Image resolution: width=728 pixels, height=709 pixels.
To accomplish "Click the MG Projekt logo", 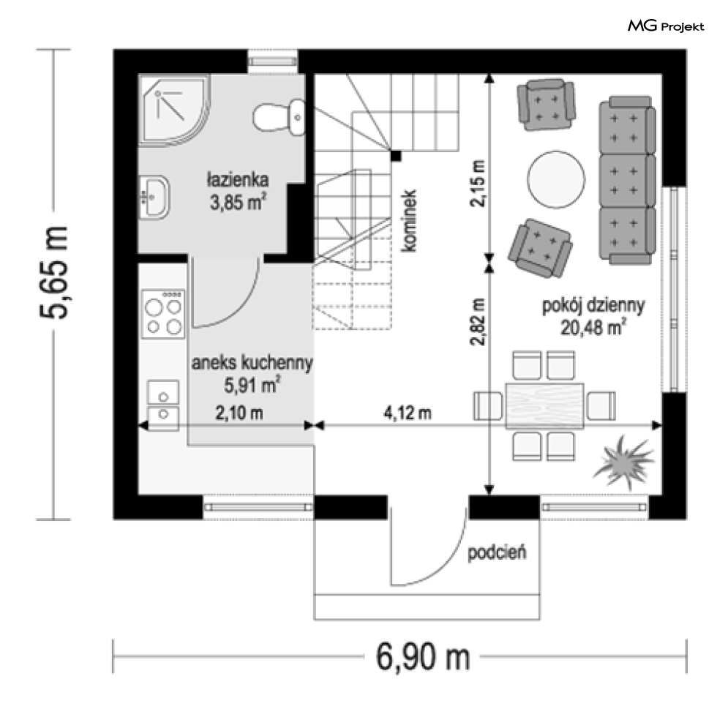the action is pyautogui.click(x=666, y=26).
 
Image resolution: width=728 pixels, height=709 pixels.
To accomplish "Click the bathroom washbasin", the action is pyautogui.click(x=154, y=198).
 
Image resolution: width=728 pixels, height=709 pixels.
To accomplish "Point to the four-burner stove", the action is pyautogui.click(x=163, y=314).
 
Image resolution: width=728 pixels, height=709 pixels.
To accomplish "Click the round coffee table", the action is pyautogui.click(x=556, y=180).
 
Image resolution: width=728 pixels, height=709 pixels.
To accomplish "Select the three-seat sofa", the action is pyautogui.click(x=627, y=180).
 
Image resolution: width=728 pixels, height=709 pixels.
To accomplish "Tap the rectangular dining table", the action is pyautogui.click(x=544, y=406).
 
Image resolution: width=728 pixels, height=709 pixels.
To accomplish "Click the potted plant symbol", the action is pyautogui.click(x=624, y=462).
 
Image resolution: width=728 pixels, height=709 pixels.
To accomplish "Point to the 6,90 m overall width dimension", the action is pyautogui.click(x=422, y=656).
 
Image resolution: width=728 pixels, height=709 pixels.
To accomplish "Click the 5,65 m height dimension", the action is pyautogui.click(x=54, y=273).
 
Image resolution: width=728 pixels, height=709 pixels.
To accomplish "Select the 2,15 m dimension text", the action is pyautogui.click(x=478, y=184).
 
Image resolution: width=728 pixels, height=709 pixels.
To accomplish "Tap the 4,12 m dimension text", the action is pyautogui.click(x=408, y=413).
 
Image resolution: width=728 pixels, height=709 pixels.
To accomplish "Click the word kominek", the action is pyautogui.click(x=408, y=221).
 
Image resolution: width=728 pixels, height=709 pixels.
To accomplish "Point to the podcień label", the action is pyautogui.click(x=497, y=552).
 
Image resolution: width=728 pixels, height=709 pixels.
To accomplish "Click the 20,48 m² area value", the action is pyautogui.click(x=593, y=328).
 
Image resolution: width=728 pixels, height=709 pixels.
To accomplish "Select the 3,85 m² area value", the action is pyautogui.click(x=239, y=203).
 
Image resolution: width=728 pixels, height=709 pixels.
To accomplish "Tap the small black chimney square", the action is pyautogui.click(x=396, y=156).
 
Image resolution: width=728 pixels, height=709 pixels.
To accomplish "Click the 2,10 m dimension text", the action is pyautogui.click(x=239, y=413).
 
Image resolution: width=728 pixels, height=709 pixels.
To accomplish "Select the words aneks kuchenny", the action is pyautogui.click(x=252, y=363).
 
